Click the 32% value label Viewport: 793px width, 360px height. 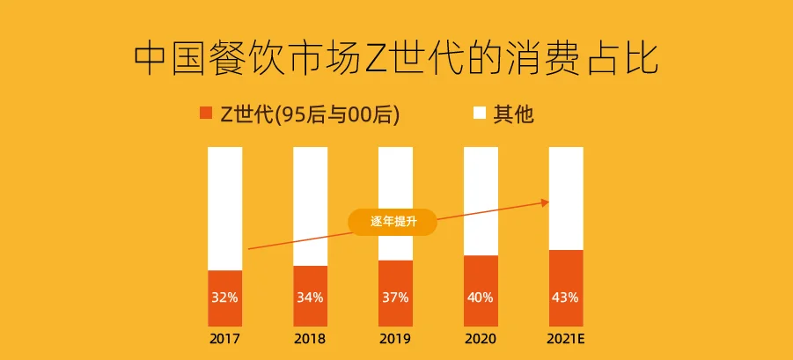pyautogui.click(x=224, y=298)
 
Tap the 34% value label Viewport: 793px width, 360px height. pyautogui.click(x=310, y=298)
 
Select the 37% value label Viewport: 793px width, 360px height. pyautogui.click(x=395, y=298)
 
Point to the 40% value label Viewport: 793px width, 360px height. pyautogui.click(x=481, y=298)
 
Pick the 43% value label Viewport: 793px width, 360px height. pyautogui.click(x=566, y=298)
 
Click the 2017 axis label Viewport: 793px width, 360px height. pyautogui.click(x=224, y=338)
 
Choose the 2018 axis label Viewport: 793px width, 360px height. pyautogui.click(x=310, y=338)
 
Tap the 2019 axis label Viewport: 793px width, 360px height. pyautogui.click(x=395, y=338)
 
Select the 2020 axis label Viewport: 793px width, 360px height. pyautogui.click(x=481, y=338)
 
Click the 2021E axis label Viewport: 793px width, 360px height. pyautogui.click(x=566, y=338)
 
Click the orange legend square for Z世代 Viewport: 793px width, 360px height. pyautogui.click(x=206, y=113)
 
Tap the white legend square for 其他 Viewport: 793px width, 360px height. pyautogui.click(x=480, y=113)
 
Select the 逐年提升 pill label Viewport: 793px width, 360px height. pyautogui.click(x=393, y=222)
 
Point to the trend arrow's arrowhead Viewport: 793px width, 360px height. pyautogui.click(x=546, y=202)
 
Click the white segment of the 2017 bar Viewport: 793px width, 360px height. pyautogui.click(x=224, y=209)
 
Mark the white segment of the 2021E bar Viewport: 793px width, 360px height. pyautogui.click(x=566, y=198)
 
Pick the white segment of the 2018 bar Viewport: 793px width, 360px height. pyautogui.click(x=310, y=206)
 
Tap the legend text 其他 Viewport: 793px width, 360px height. pyautogui.click(x=513, y=114)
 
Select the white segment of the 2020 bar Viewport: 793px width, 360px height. pyautogui.click(x=481, y=202)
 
